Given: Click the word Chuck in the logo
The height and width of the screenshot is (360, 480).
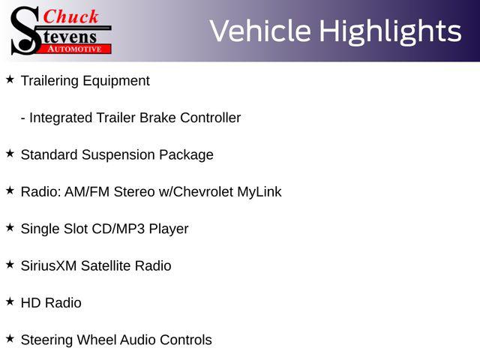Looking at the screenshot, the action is (x=70, y=16).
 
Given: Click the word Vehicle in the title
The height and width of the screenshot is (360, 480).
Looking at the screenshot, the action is (x=260, y=31).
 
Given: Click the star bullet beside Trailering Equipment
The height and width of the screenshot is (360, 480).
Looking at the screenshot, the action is (x=10, y=79).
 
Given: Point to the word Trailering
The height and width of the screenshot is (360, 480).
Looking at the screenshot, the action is (x=49, y=81).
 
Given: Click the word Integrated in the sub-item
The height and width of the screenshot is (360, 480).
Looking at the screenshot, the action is (x=61, y=118).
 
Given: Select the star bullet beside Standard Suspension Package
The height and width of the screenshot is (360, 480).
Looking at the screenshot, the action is (x=10, y=153).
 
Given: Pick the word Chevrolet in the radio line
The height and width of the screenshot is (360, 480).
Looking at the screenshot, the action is (x=203, y=192).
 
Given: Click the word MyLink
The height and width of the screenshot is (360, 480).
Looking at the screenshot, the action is (x=259, y=193).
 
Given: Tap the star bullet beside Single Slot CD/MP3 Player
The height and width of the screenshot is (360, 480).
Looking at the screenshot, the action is (x=10, y=227).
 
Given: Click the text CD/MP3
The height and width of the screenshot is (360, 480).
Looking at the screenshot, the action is (x=118, y=229).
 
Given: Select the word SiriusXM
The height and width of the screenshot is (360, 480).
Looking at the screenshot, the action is (x=49, y=265).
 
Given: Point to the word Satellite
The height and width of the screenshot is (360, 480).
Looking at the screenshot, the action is (x=106, y=265).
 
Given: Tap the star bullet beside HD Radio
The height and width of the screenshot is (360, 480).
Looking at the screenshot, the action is (x=10, y=301).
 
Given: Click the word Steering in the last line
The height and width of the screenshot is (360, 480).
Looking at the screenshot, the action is (x=46, y=340).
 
